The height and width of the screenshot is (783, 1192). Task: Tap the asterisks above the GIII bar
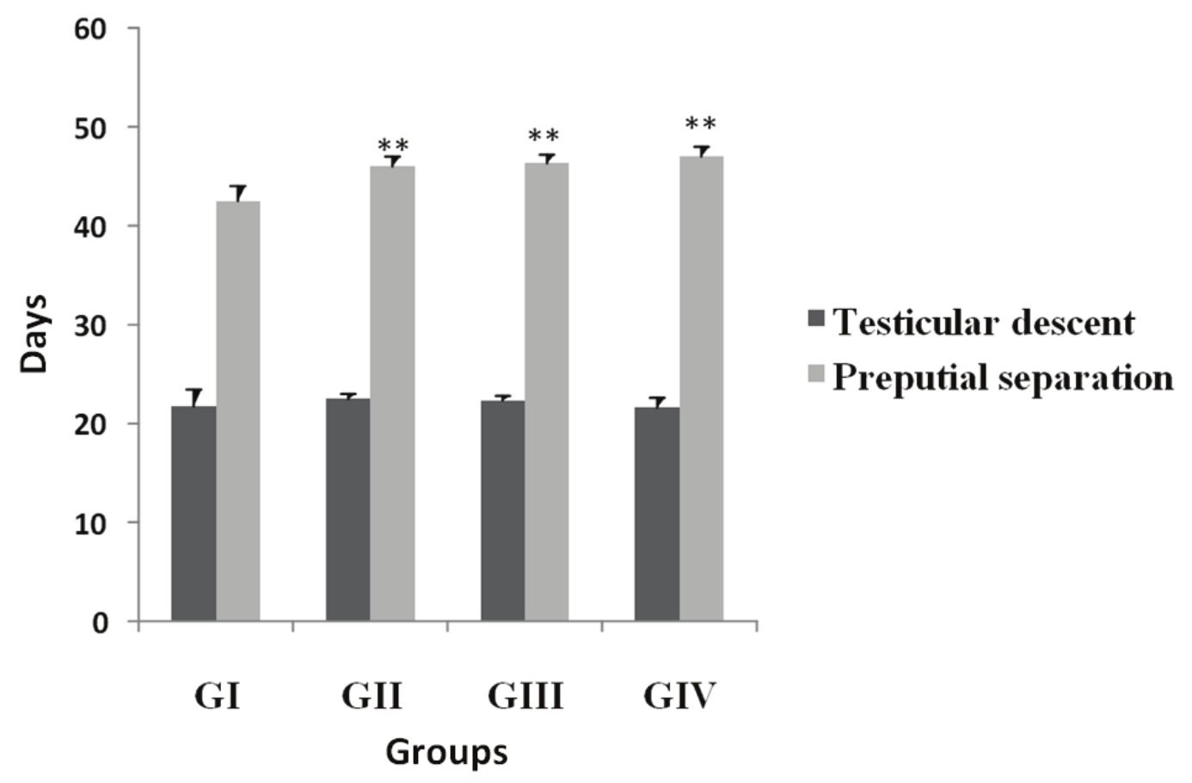(544, 136)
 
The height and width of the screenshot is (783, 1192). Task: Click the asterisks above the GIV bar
(701, 125)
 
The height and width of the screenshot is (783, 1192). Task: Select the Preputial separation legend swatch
(816, 374)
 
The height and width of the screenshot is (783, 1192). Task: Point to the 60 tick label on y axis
(89, 29)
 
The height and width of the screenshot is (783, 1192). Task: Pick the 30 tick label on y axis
(89, 325)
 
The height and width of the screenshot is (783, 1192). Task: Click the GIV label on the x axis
(679, 696)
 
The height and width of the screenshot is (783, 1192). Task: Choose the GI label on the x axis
(217, 696)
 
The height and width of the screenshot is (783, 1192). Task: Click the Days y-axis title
(34, 334)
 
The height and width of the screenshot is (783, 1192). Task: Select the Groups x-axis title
(446, 752)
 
